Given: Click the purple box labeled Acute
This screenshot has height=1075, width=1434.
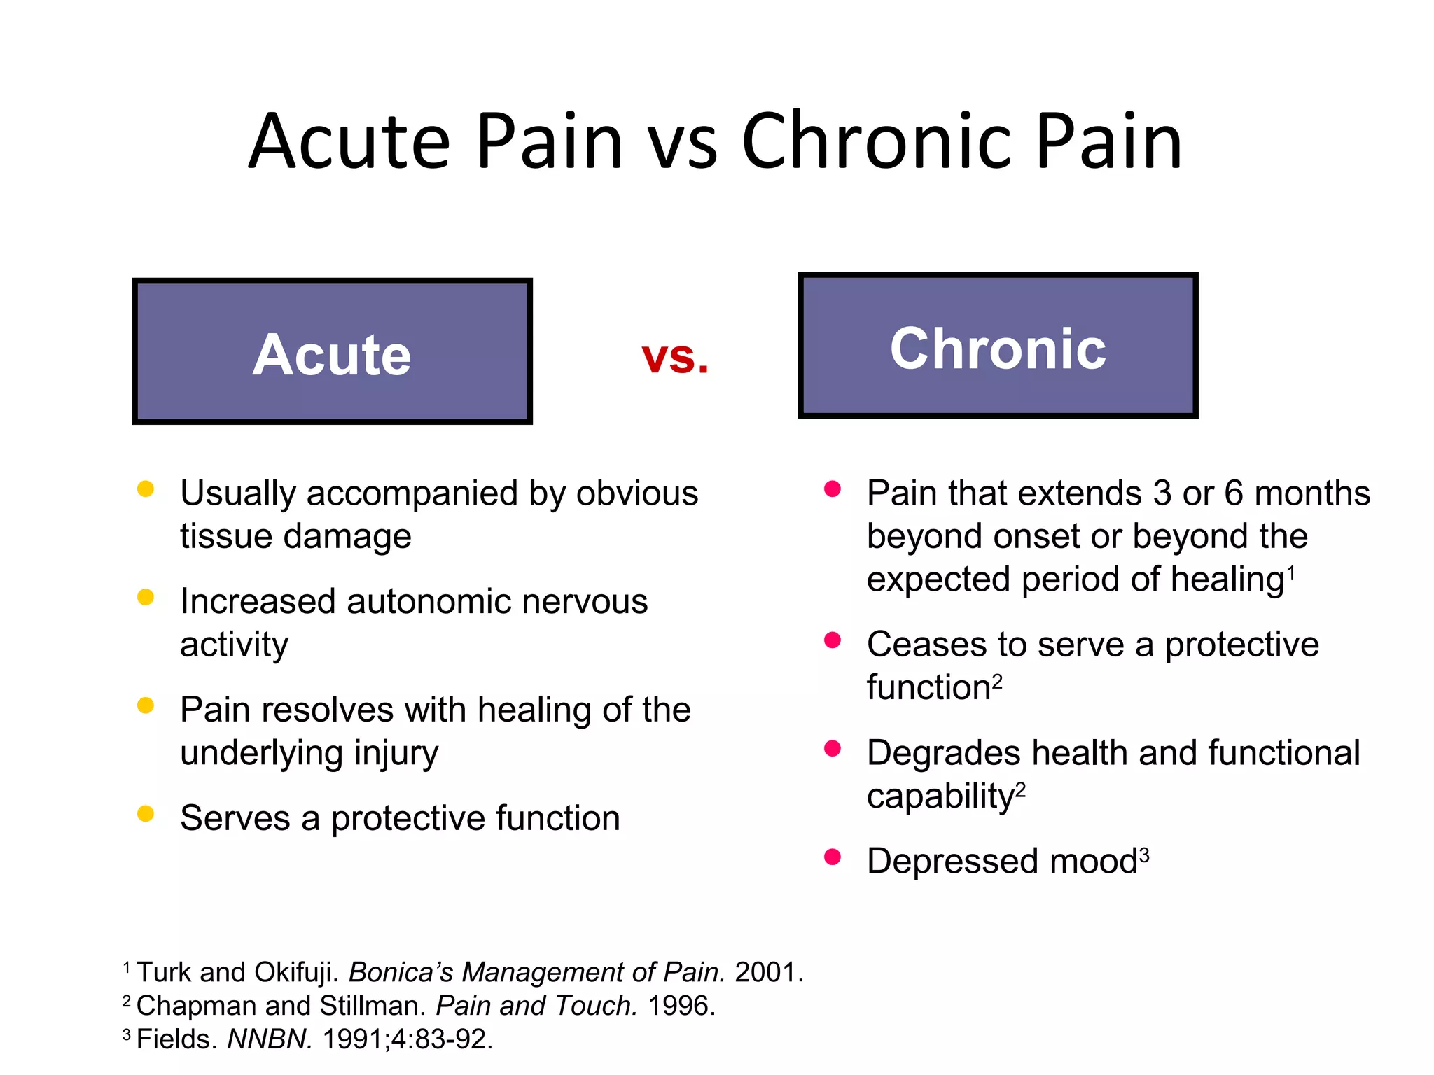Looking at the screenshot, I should pyautogui.click(x=332, y=351).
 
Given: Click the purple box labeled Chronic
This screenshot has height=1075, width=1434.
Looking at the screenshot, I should pyautogui.click(x=997, y=346).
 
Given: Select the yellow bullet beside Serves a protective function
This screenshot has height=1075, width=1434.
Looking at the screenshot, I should pyautogui.click(x=146, y=813).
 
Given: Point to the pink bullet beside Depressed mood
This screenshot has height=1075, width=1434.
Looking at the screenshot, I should pyautogui.click(x=832, y=857).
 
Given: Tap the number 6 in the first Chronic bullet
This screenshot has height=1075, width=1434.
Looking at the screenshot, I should pyautogui.click(x=1234, y=493).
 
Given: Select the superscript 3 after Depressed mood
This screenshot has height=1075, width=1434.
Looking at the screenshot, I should pyautogui.click(x=1144, y=854).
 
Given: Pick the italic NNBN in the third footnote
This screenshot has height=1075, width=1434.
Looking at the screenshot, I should pyautogui.click(x=270, y=1039).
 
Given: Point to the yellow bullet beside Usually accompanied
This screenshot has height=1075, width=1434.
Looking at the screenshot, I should pyautogui.click(x=146, y=489).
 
